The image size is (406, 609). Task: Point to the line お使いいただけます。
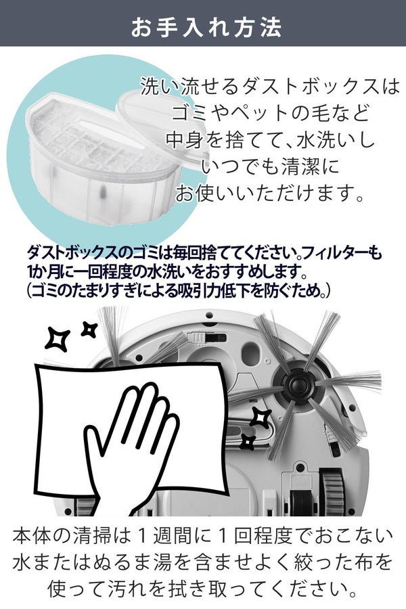click(269, 194)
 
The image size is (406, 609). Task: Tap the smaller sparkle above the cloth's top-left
click(89, 329)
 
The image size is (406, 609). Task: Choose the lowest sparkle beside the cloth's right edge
click(249, 443)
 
